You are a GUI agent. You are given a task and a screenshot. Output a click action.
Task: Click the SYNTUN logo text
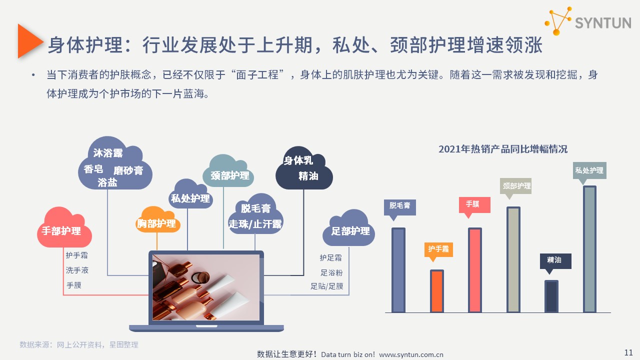603,23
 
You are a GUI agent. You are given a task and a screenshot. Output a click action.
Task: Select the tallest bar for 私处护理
589,249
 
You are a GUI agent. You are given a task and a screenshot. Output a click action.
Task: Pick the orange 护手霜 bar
437,291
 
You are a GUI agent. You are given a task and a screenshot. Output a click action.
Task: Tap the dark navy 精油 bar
551,296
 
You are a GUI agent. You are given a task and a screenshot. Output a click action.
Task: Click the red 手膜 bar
475,270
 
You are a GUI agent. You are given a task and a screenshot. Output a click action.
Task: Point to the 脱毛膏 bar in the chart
398,270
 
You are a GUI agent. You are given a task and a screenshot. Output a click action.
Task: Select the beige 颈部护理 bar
513,259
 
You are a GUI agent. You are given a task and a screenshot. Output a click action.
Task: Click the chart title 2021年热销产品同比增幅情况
503,149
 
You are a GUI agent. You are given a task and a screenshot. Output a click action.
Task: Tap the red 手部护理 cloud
64,227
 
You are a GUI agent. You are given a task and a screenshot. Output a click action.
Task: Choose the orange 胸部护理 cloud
157,220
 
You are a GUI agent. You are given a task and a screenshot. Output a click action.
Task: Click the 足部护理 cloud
348,228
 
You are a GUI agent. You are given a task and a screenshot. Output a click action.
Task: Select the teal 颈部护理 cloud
228,171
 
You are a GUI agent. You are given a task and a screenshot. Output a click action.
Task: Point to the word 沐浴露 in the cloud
108,153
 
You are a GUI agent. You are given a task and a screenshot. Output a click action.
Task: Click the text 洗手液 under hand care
77,270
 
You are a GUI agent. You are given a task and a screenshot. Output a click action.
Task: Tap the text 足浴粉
331,273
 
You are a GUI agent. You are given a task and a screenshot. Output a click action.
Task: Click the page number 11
628,352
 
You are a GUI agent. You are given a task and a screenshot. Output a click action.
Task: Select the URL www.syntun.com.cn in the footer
411,355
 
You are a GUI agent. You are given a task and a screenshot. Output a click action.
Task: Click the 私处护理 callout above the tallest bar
589,171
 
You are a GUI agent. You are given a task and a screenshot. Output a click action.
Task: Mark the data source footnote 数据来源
79,345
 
